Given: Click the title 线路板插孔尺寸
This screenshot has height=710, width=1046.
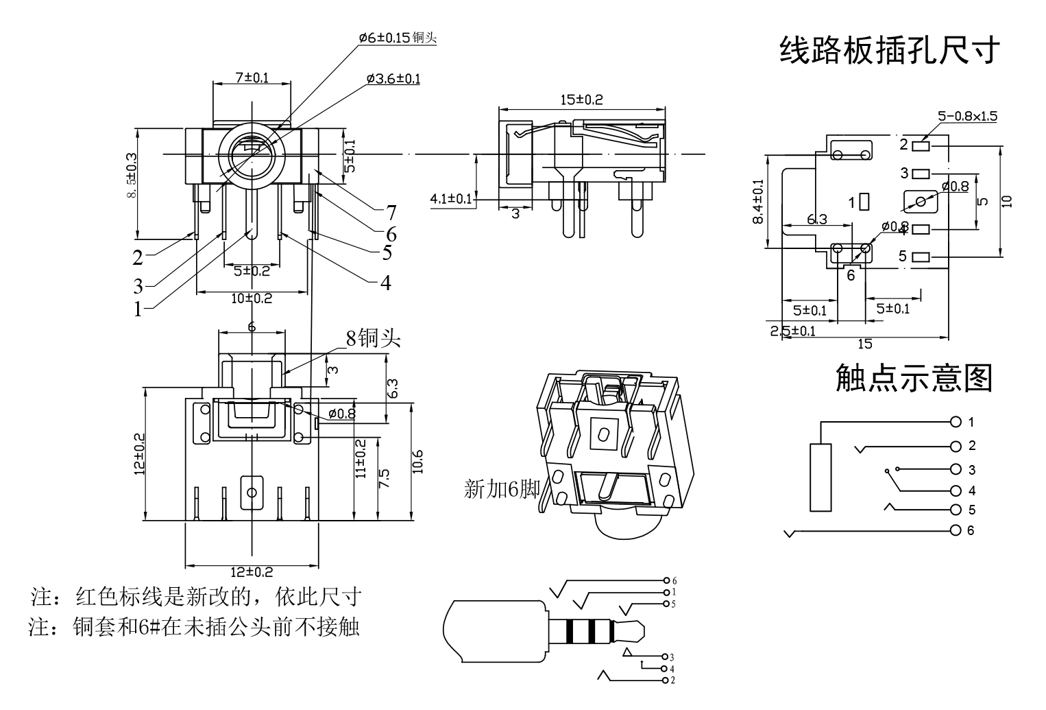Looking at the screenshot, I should pyautogui.click(x=890, y=50).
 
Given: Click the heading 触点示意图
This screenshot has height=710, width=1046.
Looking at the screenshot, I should pyautogui.click(x=914, y=378).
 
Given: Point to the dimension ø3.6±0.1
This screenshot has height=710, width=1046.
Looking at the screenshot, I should pyautogui.click(x=393, y=79).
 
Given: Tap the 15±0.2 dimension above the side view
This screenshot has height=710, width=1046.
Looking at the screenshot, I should pyautogui.click(x=581, y=99).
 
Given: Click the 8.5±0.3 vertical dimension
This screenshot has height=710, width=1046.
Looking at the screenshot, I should pyautogui.click(x=132, y=176).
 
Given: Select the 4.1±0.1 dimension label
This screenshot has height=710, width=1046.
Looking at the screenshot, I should pyautogui.click(x=450, y=199).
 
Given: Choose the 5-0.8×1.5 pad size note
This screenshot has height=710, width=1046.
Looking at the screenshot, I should pyautogui.click(x=967, y=116).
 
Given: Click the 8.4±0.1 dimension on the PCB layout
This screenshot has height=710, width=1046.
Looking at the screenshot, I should pyautogui.click(x=757, y=201).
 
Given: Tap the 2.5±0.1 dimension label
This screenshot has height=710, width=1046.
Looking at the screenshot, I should pyautogui.click(x=793, y=331).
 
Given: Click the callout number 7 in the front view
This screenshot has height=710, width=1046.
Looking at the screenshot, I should pyautogui.click(x=391, y=212).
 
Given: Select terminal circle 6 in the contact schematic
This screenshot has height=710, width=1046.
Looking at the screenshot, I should pyautogui.click(x=956, y=530).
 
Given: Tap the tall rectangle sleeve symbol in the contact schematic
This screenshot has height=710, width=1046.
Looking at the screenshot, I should pyautogui.click(x=820, y=477).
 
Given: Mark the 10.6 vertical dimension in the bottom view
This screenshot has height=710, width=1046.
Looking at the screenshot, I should pyautogui.click(x=417, y=462).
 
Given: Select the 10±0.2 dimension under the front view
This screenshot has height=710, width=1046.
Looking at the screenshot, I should pyautogui.click(x=252, y=298).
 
